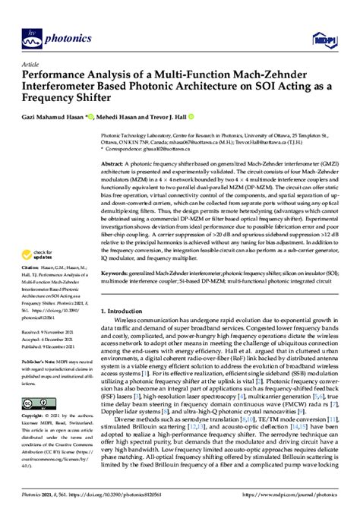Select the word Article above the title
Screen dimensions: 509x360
click(32, 64)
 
